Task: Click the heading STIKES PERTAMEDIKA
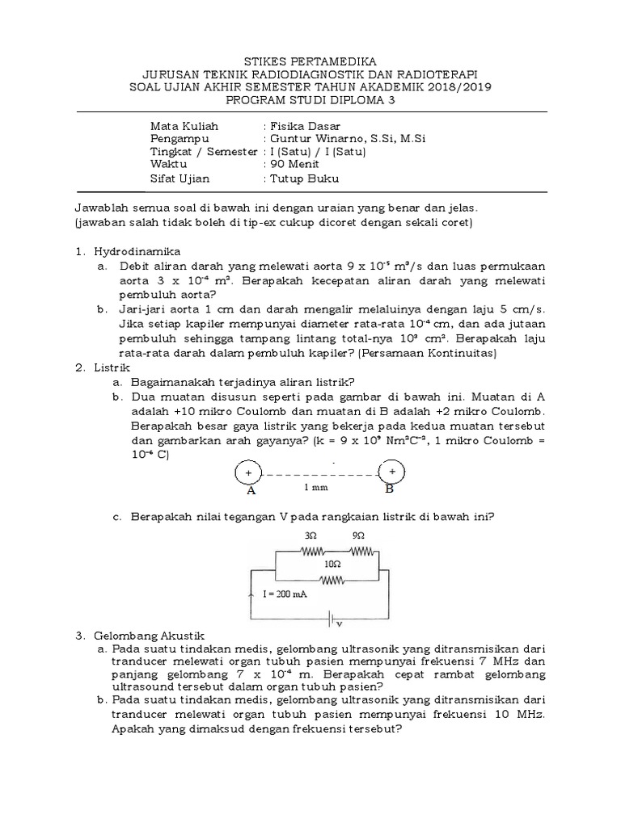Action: pyautogui.click(x=310, y=61)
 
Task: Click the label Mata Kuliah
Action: pyautogui.click(x=184, y=126)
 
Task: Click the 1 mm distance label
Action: pyautogui.click(x=317, y=489)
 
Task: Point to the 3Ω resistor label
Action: pyautogui.click(x=310, y=535)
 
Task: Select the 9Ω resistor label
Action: pyautogui.click(x=359, y=535)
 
